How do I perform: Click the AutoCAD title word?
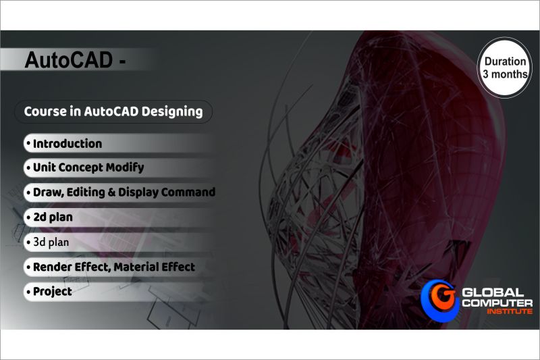click(69, 60)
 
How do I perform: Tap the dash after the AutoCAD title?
click(122, 62)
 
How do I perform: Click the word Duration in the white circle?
click(505, 61)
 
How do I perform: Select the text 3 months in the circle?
click(505, 74)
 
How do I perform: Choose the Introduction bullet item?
click(64, 144)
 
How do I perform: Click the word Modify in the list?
click(125, 168)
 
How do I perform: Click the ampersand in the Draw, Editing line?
click(111, 192)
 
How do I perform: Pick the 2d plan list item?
click(49, 217)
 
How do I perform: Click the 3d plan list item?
click(48, 242)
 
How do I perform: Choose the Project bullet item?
click(49, 292)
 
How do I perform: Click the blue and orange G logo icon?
click(440, 301)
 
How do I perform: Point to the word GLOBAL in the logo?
click(493, 293)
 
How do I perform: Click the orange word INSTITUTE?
click(510, 311)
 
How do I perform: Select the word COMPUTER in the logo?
click(497, 303)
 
